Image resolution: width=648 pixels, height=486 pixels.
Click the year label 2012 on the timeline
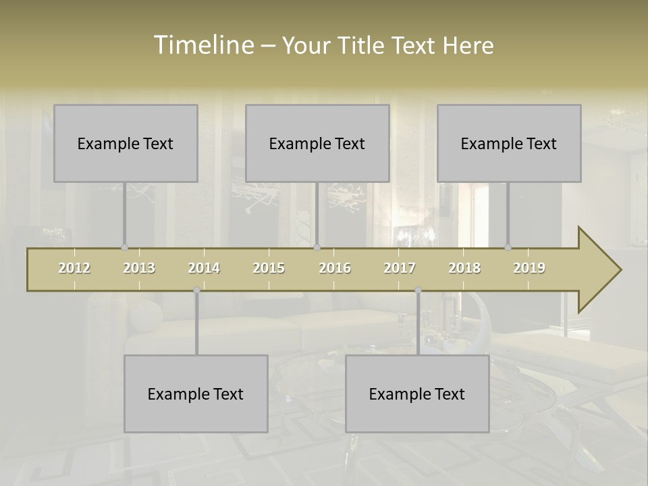74,268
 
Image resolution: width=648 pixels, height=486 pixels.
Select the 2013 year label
139,268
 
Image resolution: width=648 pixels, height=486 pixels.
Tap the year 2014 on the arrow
204,268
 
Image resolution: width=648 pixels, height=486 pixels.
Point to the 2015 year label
269,268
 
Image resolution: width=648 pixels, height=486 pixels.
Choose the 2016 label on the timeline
335,268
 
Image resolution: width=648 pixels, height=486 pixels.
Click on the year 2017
400,268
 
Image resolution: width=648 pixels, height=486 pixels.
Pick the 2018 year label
464,268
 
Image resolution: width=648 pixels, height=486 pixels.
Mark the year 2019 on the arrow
529,268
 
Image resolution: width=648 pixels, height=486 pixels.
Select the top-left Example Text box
126,143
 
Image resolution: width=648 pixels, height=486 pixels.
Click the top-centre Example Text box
317,143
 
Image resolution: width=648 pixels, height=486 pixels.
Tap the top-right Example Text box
509,143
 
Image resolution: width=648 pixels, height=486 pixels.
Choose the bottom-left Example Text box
196,394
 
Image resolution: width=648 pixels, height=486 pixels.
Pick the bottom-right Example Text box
417,394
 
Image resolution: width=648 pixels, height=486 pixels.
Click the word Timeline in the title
203,45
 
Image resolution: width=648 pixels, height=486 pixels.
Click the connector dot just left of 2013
124,248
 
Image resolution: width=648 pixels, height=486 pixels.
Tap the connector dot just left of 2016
317,248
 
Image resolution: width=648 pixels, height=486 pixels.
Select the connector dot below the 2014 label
196,290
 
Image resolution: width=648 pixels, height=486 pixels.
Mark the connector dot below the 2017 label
418,290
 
